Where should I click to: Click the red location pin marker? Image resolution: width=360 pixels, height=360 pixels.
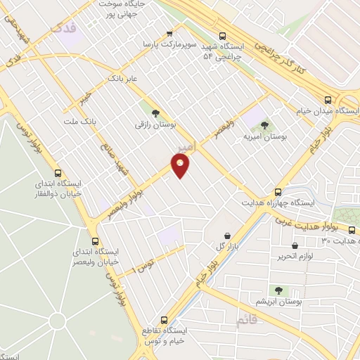(181, 165)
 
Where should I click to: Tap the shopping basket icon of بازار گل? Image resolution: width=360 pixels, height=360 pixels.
(226, 236)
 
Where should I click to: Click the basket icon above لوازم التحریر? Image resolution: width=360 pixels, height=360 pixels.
(293, 245)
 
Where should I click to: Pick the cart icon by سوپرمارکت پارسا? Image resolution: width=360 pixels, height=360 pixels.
(169, 33)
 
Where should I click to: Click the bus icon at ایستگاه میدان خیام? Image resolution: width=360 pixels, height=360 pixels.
(328, 99)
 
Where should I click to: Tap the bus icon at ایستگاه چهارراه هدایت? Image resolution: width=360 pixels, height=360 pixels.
(278, 191)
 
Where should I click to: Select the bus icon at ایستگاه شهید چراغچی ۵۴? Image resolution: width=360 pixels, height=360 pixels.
(223, 36)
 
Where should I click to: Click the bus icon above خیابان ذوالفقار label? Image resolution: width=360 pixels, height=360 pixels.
(58, 173)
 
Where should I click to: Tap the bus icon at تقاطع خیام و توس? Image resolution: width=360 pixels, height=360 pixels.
(165, 319)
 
